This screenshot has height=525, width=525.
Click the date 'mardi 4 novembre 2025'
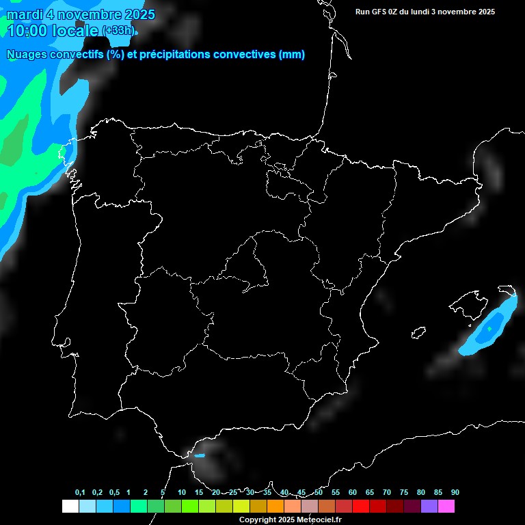pyautogui.click(x=81, y=14)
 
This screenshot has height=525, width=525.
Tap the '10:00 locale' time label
pyautogui.click(x=53, y=31)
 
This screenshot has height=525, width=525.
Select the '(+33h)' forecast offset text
pyautogui.click(x=118, y=31)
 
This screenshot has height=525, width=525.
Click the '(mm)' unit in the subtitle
pyautogui.click(x=292, y=55)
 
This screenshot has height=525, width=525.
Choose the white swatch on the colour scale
pyautogui.click(x=70, y=507)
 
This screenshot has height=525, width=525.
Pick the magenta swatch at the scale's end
pyautogui.click(x=446, y=507)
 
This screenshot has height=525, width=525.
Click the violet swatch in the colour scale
pyautogui.click(x=429, y=507)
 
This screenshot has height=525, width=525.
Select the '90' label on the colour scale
pyautogui.click(x=455, y=493)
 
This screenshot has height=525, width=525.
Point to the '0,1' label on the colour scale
pyautogui.click(x=80, y=493)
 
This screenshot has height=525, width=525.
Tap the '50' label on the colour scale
pyautogui.click(x=319, y=493)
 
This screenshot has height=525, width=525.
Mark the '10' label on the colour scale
pyautogui.click(x=182, y=493)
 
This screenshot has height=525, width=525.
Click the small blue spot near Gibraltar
pyautogui.click(x=200, y=455)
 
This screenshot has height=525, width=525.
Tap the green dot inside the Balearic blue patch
pyautogui.click(x=489, y=329)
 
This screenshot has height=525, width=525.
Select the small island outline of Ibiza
pyautogui.click(x=419, y=332)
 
